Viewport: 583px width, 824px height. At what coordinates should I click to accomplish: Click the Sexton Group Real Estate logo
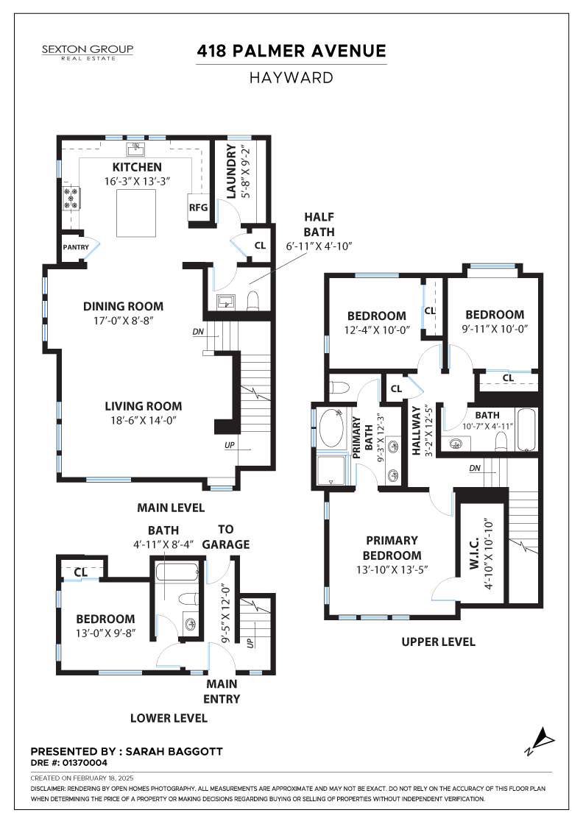88,52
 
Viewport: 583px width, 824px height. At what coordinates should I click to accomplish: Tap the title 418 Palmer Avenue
291,51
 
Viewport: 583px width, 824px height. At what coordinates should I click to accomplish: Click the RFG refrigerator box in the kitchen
198,207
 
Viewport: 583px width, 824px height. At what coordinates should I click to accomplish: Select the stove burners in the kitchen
71,199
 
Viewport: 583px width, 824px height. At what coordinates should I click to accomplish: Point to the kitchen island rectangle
136,213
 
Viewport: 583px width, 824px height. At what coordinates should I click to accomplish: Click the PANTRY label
76,247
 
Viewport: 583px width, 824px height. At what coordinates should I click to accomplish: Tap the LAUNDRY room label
231,172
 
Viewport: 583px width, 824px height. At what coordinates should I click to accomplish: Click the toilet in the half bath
253,300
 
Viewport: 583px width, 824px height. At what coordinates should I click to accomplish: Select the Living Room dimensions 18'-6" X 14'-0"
143,420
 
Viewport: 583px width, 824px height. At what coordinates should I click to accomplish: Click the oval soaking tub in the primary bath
331,428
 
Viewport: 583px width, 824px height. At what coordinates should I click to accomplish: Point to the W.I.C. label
473,553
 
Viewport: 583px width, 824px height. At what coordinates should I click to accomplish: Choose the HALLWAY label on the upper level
417,430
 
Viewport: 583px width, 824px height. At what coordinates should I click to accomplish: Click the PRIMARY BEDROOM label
392,547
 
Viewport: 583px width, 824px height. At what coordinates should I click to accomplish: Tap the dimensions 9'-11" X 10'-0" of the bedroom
495,329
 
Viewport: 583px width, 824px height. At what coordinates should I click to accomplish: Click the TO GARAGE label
226,536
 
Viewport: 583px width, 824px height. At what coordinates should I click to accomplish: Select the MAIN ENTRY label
222,691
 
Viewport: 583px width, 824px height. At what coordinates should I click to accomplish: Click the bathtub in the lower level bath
177,571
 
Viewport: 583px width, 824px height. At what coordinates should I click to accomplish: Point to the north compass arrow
542,739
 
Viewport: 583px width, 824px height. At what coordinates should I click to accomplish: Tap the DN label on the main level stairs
198,332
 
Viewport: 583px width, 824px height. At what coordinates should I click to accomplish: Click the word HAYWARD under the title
291,78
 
